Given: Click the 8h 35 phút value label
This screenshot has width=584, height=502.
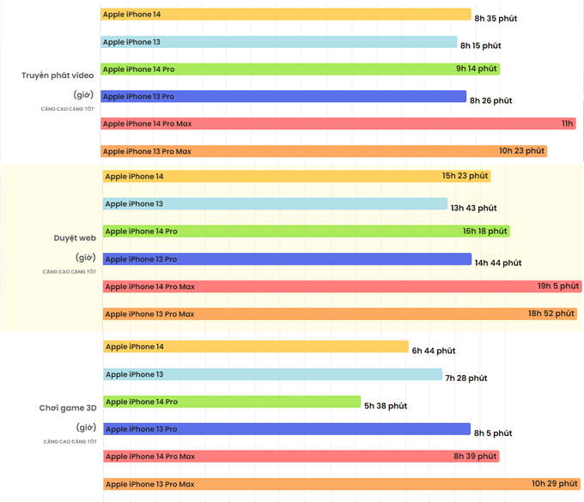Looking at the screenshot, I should [x=496, y=18].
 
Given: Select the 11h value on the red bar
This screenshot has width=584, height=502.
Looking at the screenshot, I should [x=567, y=124].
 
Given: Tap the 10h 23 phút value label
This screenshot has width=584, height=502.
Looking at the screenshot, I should [x=522, y=151].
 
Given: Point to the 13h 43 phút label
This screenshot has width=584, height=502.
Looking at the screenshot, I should [x=474, y=208].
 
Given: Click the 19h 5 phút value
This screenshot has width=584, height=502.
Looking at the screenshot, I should [x=558, y=286].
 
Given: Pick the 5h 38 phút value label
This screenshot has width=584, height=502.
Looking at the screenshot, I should [x=386, y=406].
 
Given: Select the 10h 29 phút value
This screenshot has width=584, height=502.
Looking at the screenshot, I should [x=554, y=484].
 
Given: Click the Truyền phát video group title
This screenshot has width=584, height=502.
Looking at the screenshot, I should [x=58, y=76].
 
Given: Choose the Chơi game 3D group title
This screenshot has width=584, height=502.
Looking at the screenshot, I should [x=67, y=408].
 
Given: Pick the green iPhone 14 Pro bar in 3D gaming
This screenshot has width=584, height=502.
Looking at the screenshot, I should [x=232, y=402].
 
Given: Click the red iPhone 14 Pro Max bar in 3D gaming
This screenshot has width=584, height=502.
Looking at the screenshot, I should [x=301, y=457].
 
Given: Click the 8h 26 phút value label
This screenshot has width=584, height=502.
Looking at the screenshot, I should [x=490, y=100].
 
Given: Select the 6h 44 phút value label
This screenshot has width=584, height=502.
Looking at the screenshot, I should [x=434, y=351].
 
